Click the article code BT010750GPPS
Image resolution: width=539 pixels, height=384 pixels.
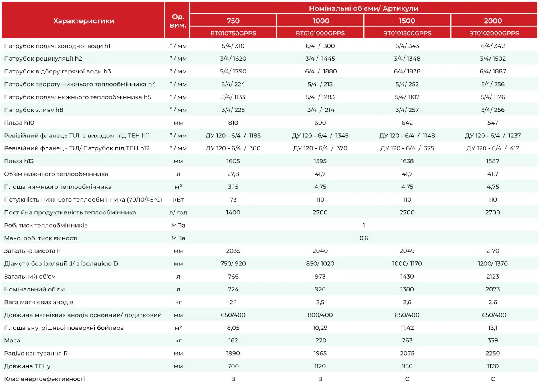233,33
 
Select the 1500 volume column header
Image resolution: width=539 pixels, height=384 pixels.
407,20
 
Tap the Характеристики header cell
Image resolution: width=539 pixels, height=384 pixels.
84,21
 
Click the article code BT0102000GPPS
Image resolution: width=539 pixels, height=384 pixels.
494,33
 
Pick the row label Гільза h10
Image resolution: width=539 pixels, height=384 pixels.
19,123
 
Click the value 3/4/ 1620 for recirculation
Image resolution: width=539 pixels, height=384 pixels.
233,58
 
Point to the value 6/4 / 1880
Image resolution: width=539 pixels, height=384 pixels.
321,71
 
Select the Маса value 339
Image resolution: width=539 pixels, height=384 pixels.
493,340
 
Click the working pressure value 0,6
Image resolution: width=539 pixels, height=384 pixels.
364,238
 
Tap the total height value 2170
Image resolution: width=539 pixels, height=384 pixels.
493,251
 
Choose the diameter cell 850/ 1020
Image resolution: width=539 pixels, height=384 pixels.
320,264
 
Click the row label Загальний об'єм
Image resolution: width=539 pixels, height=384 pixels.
30,277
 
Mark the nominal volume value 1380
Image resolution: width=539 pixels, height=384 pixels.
407,289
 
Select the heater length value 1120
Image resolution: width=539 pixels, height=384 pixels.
493,366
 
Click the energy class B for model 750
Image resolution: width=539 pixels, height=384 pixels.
233,379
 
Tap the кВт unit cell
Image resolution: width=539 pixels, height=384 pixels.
178,200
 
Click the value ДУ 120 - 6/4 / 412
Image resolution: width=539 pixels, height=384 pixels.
493,148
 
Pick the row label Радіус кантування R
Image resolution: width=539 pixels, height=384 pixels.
36,353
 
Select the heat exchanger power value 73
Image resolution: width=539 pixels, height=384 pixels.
233,200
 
